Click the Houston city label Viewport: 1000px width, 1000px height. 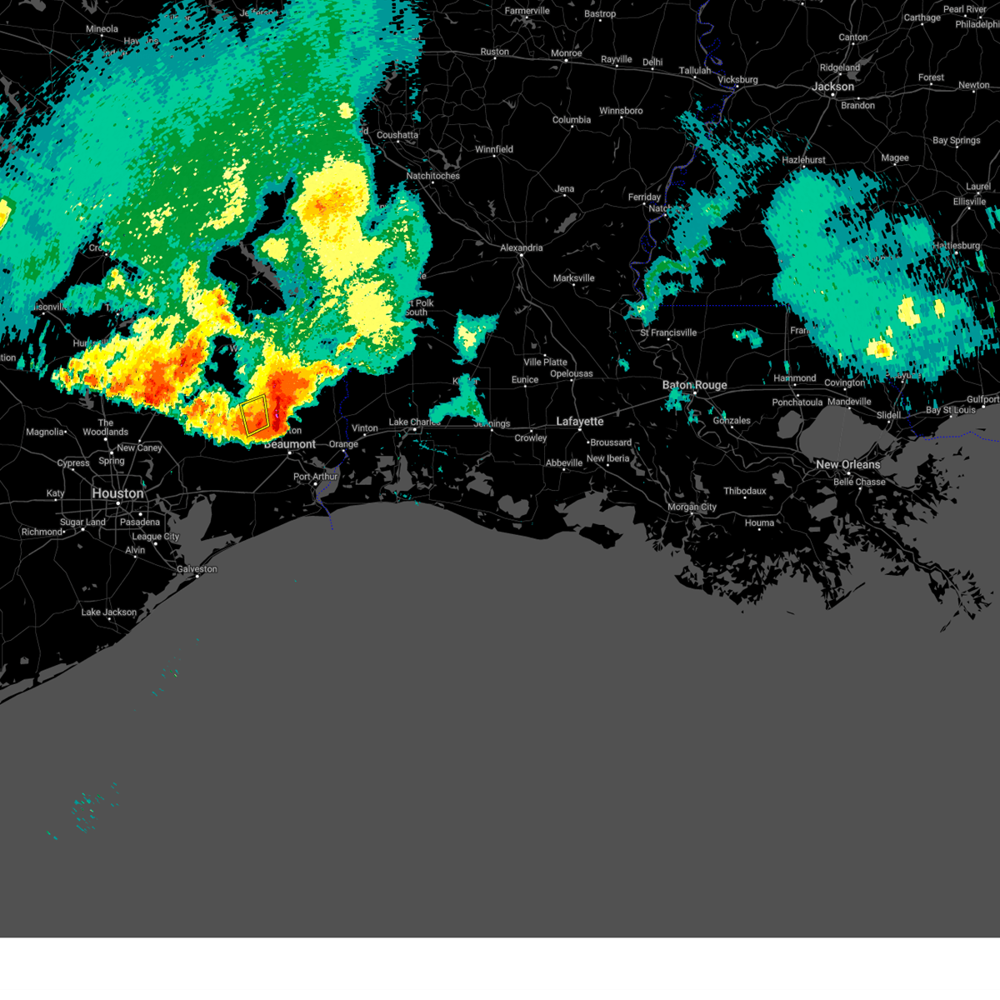[117, 493]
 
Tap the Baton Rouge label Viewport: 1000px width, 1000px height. [694, 385]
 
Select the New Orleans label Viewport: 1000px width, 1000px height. [847, 464]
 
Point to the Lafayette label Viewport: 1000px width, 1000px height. [580, 422]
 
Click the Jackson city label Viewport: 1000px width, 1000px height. [832, 87]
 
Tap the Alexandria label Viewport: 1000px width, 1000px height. [522, 247]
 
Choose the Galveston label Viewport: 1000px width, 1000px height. [197, 569]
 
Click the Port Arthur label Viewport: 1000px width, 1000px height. [316, 477]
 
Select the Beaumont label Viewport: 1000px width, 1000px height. [290, 444]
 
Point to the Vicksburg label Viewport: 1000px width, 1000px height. [737, 80]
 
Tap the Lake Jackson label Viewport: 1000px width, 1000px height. [108, 612]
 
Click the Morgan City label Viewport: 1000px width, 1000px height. [692, 507]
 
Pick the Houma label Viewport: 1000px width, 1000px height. [759, 522]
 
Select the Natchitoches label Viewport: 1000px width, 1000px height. [432, 176]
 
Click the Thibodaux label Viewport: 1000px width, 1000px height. [744, 491]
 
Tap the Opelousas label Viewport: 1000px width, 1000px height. [572, 373]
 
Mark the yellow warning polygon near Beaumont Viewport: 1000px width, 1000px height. [255, 416]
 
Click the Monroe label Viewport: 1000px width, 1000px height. [567, 53]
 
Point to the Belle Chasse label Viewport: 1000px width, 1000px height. [859, 482]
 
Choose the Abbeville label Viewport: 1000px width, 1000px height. [564, 463]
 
